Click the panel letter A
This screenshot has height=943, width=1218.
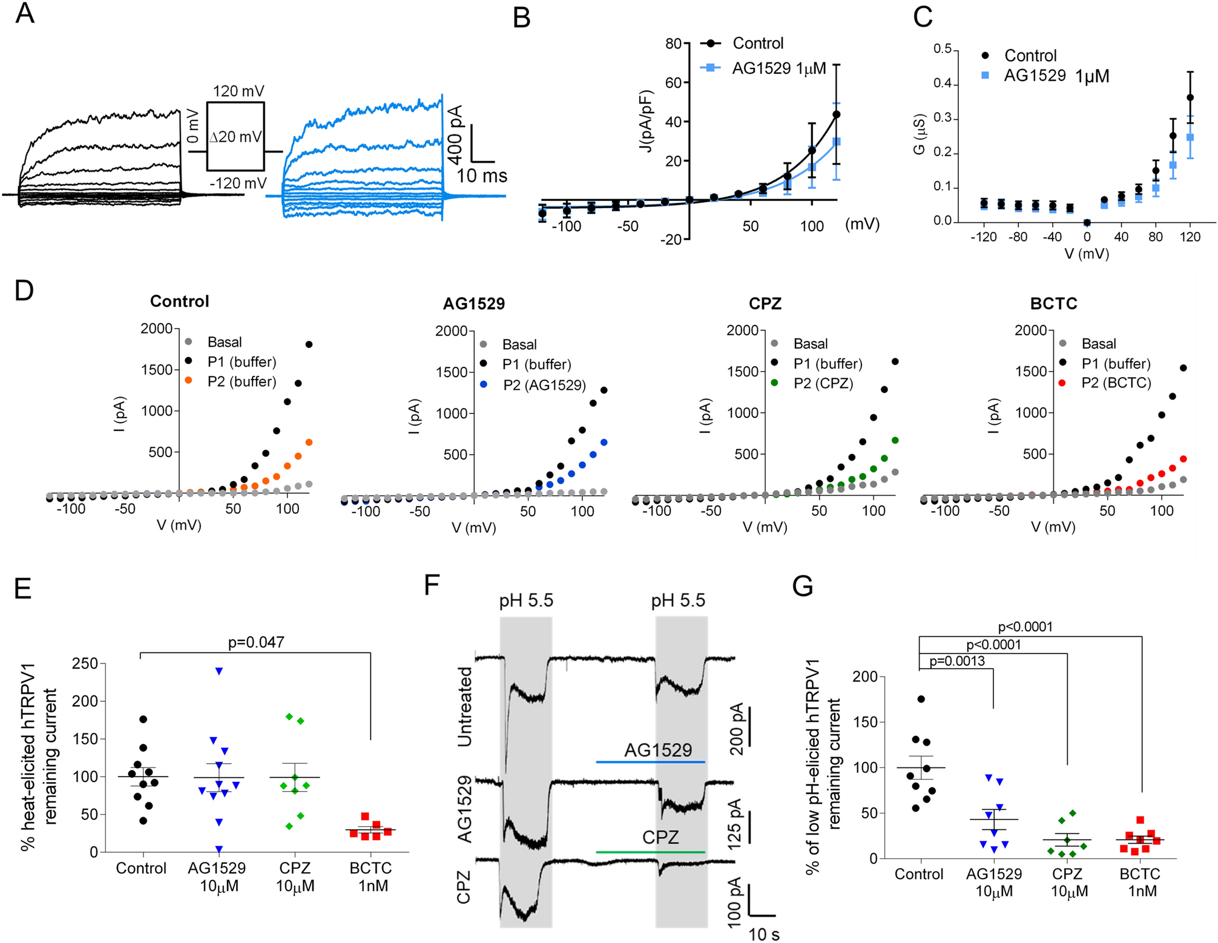tap(24, 13)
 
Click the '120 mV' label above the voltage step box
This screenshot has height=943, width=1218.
tap(239, 91)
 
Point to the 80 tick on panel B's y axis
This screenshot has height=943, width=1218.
tap(673, 44)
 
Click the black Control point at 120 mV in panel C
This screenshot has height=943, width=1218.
tap(1190, 97)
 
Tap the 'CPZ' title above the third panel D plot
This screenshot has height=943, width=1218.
tap(765, 303)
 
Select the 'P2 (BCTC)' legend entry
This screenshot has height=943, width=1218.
tap(1116, 383)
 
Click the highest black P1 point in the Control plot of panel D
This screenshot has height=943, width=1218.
tap(309, 344)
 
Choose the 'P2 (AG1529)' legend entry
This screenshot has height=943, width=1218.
tap(544, 385)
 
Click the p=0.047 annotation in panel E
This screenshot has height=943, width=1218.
tap(255, 642)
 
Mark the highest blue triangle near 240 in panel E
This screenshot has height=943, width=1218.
tap(219, 671)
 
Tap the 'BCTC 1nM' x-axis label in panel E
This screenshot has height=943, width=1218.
tap(370, 876)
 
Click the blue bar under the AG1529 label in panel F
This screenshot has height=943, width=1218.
tap(650, 762)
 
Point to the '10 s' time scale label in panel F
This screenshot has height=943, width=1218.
tap(763, 934)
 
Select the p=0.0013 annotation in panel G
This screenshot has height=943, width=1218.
tap(956, 662)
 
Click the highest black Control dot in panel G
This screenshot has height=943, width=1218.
tap(921, 699)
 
